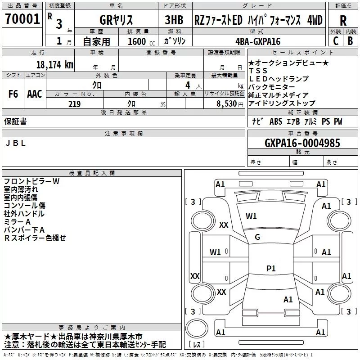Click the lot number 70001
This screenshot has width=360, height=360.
pyautogui.click(x=22, y=19)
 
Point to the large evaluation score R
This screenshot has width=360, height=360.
pyautogui.click(x=343, y=20)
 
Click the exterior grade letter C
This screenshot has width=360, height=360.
pyautogui.click(x=336, y=40)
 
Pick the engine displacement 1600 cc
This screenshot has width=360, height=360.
pyautogui.click(x=139, y=41)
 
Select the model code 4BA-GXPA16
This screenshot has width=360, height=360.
pyautogui.click(x=258, y=41)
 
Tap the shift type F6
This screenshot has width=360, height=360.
pyautogui.click(x=13, y=94)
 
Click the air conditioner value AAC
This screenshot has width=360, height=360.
pyautogui.click(x=34, y=94)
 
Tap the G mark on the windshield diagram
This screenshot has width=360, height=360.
pyautogui.click(x=257, y=237)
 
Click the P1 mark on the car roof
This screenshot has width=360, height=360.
pyautogui.click(x=271, y=268)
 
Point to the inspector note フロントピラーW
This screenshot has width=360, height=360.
pyautogui.click(x=31, y=181)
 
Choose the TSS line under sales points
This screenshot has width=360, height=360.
pyautogui.click(x=258, y=71)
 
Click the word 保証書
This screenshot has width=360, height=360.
pyautogui.click(x=15, y=121)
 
